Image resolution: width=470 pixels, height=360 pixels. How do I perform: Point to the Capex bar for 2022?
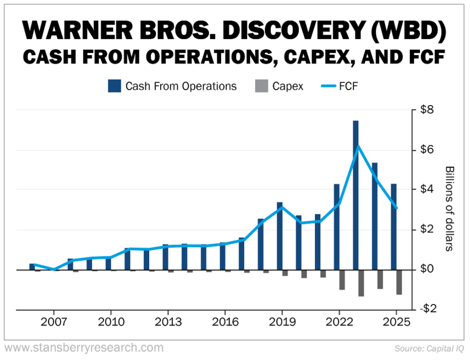(x=342, y=280)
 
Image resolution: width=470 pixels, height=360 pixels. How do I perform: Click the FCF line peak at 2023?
(x=358, y=146)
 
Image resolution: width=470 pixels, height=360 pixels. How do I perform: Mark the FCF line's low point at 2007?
(x=54, y=270)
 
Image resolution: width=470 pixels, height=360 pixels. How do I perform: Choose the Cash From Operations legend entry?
(x=173, y=86)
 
